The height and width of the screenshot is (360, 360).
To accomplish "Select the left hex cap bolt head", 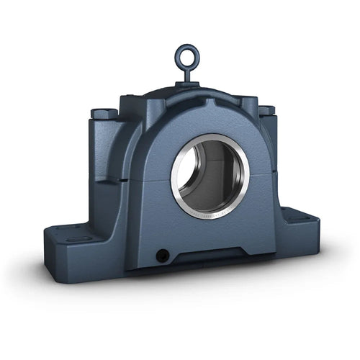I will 102,114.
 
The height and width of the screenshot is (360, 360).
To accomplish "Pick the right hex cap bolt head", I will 266,111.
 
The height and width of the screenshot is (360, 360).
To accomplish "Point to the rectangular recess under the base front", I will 209,256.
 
